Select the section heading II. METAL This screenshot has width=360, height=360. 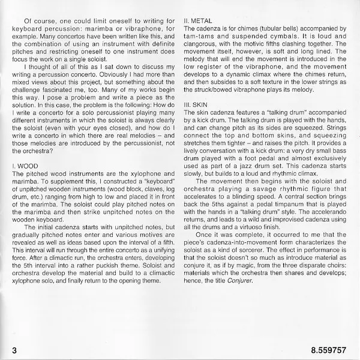[198, 20]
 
